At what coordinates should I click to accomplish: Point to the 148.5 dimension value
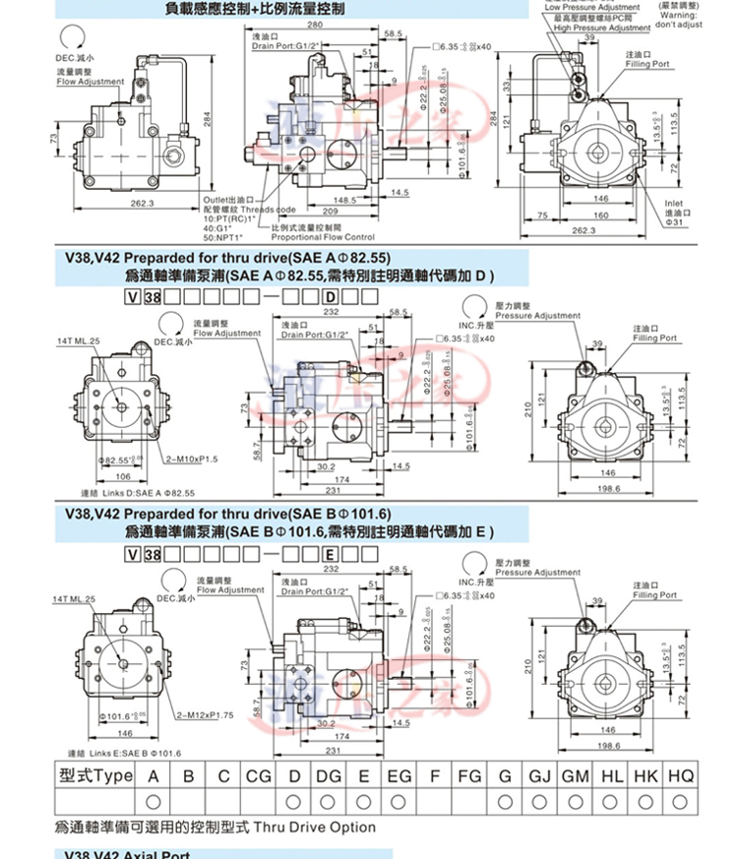pos(343,200)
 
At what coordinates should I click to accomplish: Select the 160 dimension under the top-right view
pos(600,215)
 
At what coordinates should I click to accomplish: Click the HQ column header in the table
pos(681,775)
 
